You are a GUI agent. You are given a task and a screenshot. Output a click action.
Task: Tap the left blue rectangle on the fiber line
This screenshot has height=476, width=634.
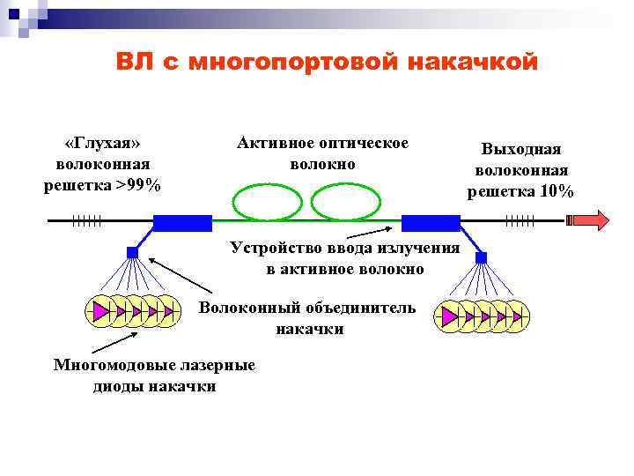(x=183, y=221)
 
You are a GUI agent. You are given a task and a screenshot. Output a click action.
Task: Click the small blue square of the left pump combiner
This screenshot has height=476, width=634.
(x=133, y=252)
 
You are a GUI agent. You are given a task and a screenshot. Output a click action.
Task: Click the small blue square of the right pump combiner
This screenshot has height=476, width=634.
(x=481, y=257)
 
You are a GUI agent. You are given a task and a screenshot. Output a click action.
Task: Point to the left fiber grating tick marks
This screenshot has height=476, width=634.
(x=87, y=220)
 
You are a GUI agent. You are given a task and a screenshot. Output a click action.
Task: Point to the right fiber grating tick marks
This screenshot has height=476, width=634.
(x=520, y=220)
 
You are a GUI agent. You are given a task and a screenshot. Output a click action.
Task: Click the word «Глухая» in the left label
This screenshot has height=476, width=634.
(x=103, y=144)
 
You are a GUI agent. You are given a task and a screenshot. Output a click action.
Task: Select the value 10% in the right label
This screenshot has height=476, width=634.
(x=557, y=191)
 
